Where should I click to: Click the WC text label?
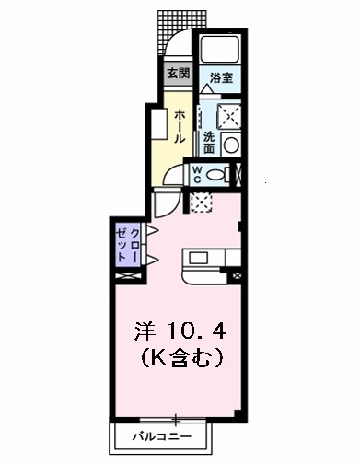(x=196, y=174)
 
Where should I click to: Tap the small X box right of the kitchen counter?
(x=238, y=274)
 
